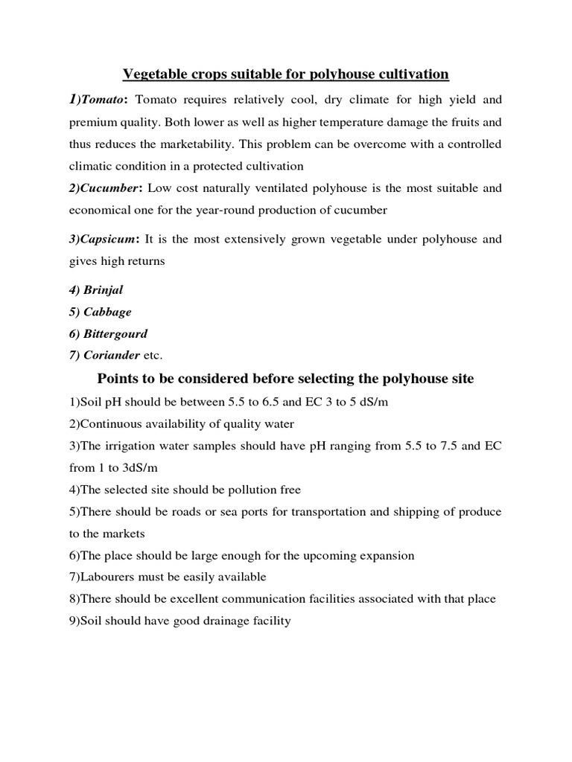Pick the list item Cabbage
coord(107,312)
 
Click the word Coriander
coord(111,355)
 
